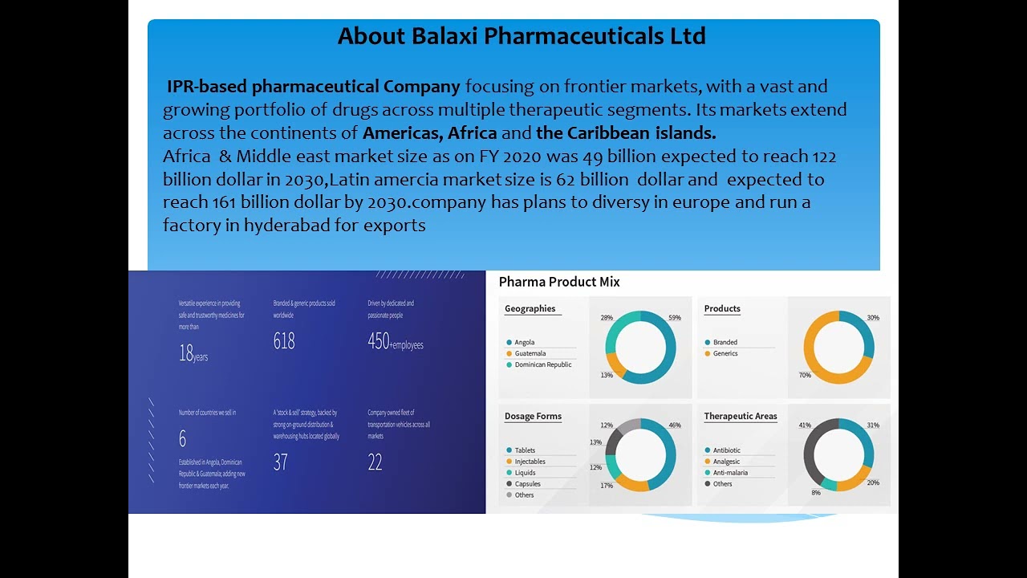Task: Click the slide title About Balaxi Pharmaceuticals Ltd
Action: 522,36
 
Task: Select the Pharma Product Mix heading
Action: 559,282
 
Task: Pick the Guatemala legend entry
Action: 530,354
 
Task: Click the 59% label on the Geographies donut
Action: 675,318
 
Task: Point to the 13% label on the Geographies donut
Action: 607,375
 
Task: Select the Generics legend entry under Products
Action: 725,354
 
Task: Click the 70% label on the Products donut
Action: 805,375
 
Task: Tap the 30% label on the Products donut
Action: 873,318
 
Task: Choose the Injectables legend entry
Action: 530,462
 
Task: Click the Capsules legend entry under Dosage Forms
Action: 527,484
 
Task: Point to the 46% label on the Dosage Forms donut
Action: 675,425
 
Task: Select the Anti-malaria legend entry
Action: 730,473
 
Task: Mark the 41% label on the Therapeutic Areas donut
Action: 805,425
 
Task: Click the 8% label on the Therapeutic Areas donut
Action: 816,493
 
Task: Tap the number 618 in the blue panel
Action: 284,342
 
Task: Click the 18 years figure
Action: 193,354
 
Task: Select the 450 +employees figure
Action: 395,342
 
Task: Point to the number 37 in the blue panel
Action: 280,462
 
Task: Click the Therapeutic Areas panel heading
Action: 741,417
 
